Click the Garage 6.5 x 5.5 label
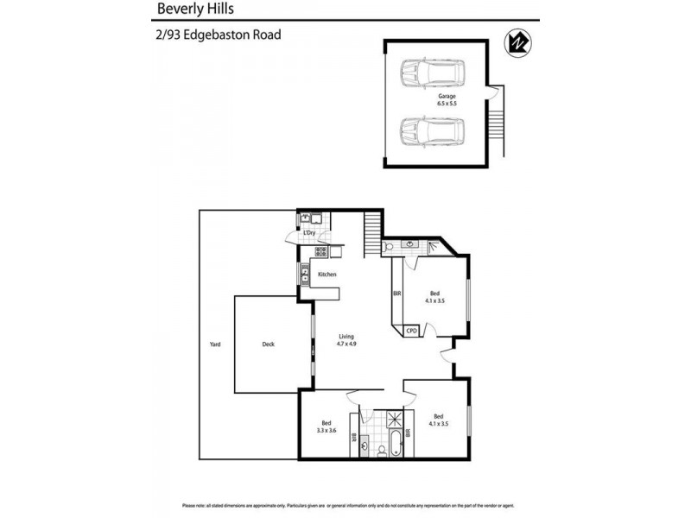click(447, 100)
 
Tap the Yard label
click(215, 344)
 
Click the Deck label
click(269, 344)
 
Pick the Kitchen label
click(326, 275)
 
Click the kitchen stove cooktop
click(320, 252)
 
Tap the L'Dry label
click(308, 233)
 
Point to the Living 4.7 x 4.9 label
click(346, 340)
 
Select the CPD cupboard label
click(411, 330)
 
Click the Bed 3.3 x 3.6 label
click(326, 425)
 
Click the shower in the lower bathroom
click(398, 418)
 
